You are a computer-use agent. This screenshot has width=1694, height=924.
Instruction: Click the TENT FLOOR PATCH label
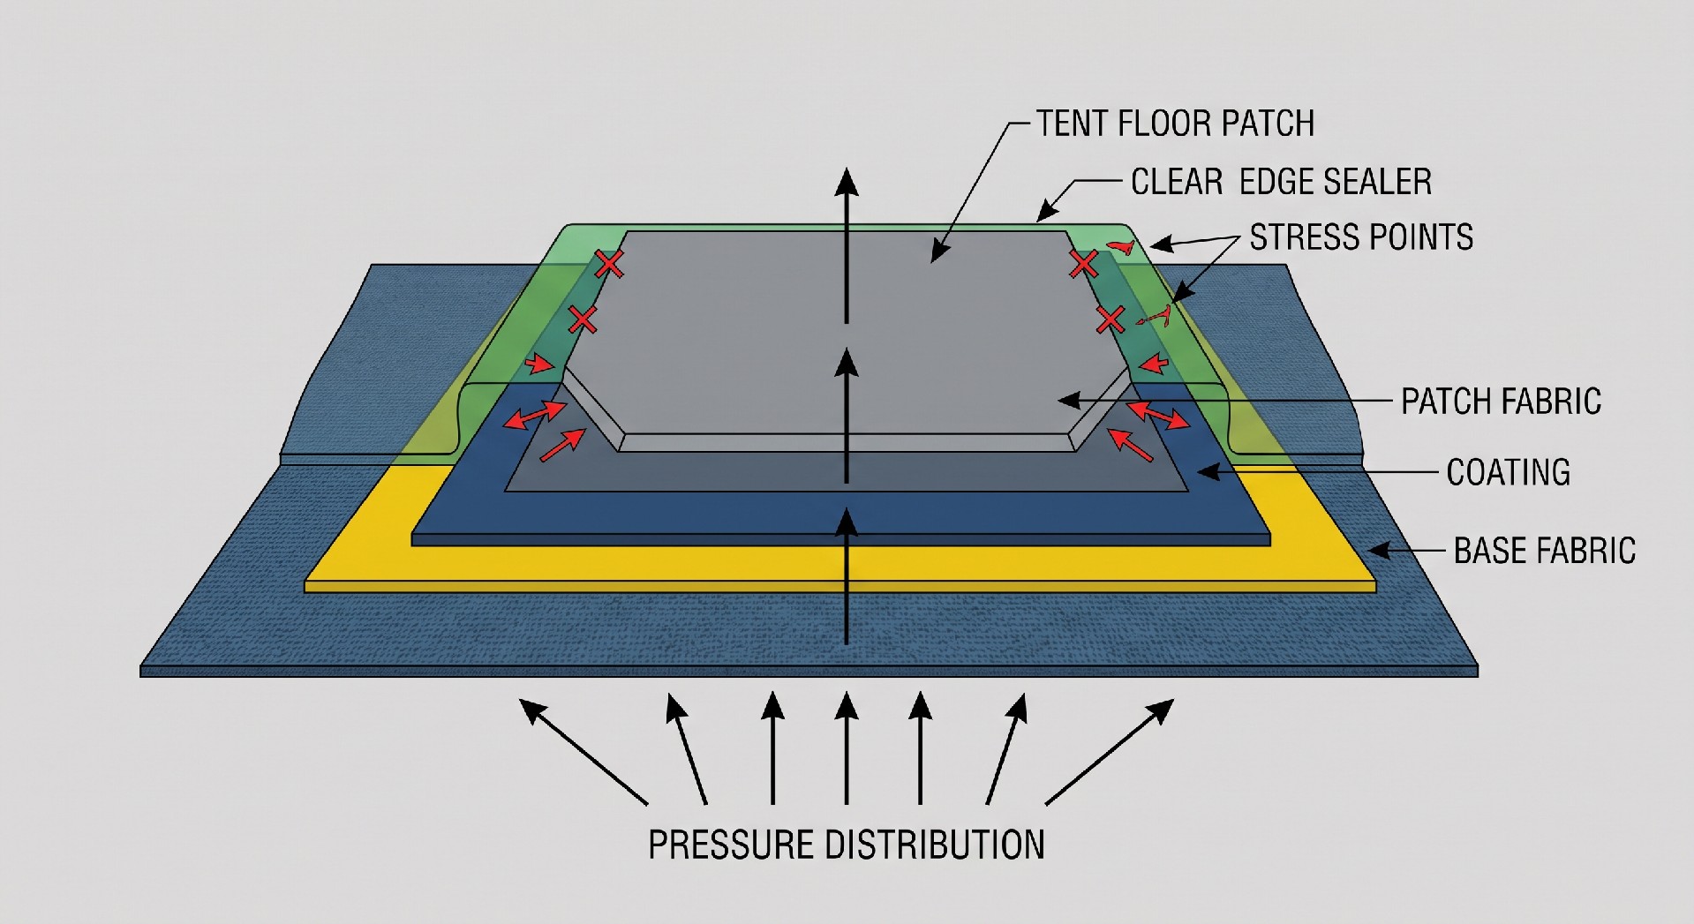(1175, 124)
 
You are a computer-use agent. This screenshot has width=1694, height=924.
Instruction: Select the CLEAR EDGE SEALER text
(1281, 182)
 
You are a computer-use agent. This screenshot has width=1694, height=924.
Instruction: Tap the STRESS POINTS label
(1361, 237)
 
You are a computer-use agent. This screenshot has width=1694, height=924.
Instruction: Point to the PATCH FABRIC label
(1501, 402)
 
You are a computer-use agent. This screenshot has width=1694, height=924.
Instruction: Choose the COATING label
(1509, 472)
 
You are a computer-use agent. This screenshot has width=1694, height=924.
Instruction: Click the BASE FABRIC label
(1545, 551)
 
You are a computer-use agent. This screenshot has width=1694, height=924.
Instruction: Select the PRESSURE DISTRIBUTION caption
(847, 845)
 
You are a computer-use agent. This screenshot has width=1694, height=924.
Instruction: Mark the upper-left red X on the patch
(608, 263)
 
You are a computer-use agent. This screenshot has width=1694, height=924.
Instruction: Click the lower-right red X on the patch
(1111, 319)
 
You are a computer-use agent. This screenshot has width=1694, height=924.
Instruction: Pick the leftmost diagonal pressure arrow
(583, 752)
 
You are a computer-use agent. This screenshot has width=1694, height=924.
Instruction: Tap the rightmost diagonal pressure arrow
(1110, 752)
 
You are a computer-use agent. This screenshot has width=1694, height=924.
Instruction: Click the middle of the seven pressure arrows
(847, 748)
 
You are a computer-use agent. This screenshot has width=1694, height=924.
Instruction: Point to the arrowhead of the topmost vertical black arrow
(847, 181)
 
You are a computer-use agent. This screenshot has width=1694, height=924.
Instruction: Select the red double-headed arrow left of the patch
(535, 415)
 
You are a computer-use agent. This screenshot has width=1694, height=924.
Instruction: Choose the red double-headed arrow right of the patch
(1158, 415)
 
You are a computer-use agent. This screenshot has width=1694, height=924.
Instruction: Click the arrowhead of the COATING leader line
(1207, 472)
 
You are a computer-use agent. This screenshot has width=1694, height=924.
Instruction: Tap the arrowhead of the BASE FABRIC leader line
(1379, 551)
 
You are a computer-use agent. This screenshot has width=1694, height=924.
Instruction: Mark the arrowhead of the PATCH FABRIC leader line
(1068, 400)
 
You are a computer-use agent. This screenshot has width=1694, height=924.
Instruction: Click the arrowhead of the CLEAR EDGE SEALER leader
(1045, 212)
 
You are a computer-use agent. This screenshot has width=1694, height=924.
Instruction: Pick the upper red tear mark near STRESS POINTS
(1122, 247)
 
